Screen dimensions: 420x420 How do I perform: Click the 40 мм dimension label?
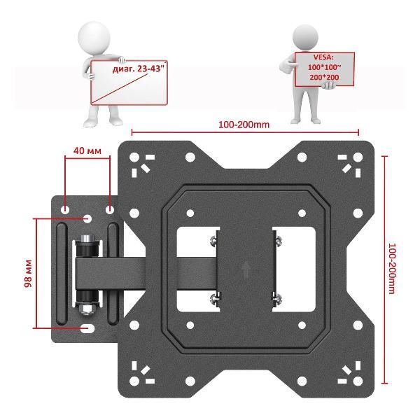tap(87, 150)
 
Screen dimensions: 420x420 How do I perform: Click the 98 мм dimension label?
tap(28, 274)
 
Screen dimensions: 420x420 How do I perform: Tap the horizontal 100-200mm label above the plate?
tap(244, 125)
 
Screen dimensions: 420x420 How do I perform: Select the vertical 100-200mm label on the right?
tap(392, 269)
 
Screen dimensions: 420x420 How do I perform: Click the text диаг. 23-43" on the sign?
tap(138, 69)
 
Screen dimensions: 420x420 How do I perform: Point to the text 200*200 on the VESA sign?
tap(324, 78)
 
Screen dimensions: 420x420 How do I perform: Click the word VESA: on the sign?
tap(323, 57)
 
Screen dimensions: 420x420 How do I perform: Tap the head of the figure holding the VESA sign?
tap(305, 36)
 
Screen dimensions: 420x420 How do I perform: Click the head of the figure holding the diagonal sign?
tap(94, 38)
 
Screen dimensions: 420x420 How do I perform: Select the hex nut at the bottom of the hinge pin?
tap(87, 309)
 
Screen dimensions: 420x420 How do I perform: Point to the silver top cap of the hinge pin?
tap(87, 239)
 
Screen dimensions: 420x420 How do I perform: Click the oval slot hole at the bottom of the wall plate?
tap(87, 328)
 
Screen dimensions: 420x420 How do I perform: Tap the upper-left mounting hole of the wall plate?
tap(65, 210)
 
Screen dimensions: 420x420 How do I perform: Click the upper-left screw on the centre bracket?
tap(213, 241)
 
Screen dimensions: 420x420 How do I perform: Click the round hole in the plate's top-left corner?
tap(134, 157)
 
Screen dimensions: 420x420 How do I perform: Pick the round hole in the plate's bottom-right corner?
tap(358, 381)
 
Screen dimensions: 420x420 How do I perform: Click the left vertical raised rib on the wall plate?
tap(62, 274)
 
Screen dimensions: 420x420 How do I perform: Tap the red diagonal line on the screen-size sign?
tap(120, 89)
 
